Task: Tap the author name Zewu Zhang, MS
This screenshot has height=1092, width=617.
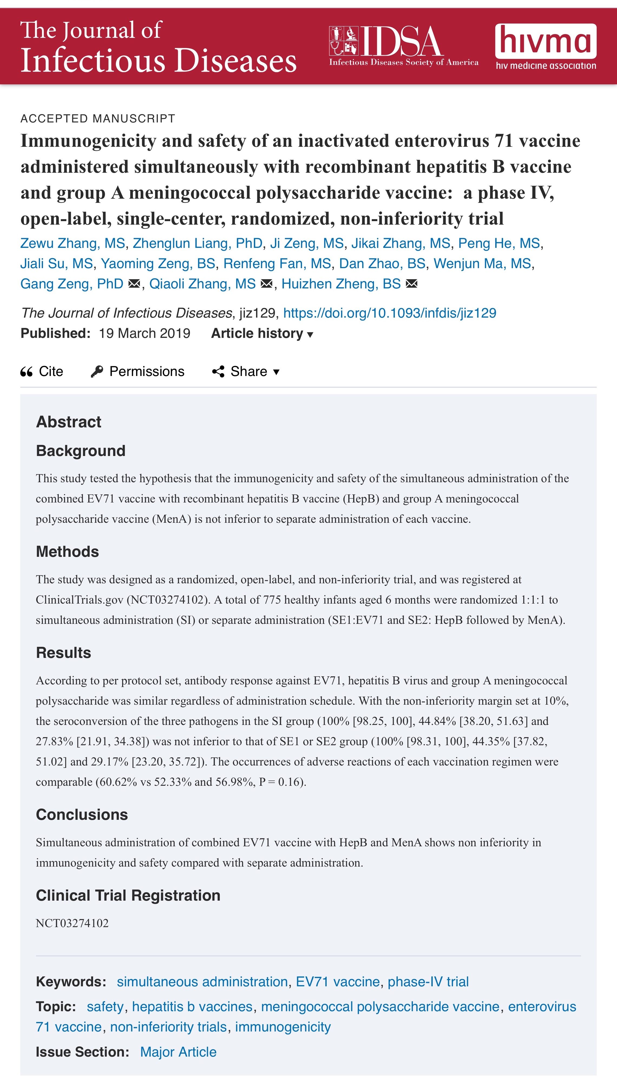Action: coord(73,243)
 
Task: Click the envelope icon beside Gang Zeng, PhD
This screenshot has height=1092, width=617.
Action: coord(134,284)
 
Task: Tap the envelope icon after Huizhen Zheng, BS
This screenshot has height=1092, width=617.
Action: coord(411,284)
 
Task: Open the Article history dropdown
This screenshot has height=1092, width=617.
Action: coord(262,334)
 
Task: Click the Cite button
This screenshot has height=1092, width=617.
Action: coord(42,371)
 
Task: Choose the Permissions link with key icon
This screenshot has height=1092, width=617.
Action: coord(138,371)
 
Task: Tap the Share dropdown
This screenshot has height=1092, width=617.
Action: coord(246,371)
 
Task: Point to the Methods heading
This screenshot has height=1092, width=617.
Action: coord(67,551)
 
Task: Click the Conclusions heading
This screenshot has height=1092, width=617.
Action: coord(82,814)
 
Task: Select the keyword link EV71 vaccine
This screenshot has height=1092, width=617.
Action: coord(337,981)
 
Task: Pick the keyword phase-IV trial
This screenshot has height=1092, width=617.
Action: coord(428,981)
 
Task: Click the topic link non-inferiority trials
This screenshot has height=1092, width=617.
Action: coord(169,1027)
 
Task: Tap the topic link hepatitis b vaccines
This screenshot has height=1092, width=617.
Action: coord(192,1006)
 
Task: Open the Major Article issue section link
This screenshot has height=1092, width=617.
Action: coord(178,1052)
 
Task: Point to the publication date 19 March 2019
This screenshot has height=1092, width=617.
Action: coord(144,334)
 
